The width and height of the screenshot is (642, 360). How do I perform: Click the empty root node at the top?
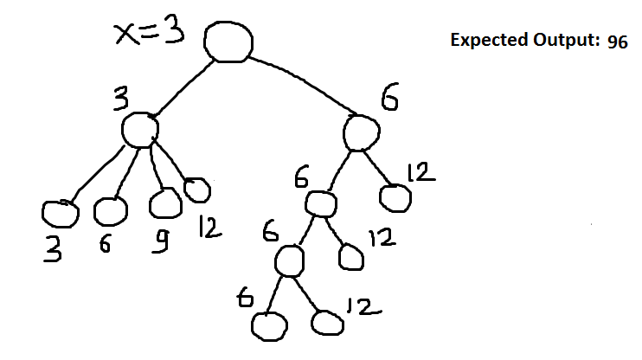tap(228, 42)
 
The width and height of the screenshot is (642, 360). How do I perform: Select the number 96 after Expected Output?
tap(618, 42)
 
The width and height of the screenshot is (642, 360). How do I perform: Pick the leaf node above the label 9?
tap(164, 203)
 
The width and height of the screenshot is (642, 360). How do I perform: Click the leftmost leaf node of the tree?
tap(60, 213)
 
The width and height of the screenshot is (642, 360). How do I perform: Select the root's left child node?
tap(139, 131)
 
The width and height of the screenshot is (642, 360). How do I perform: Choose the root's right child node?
tap(362, 132)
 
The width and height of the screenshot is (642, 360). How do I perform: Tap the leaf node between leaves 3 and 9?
tap(110, 210)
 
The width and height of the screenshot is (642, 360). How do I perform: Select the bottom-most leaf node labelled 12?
tap(327, 323)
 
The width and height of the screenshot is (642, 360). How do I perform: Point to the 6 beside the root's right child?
tap(390, 101)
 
